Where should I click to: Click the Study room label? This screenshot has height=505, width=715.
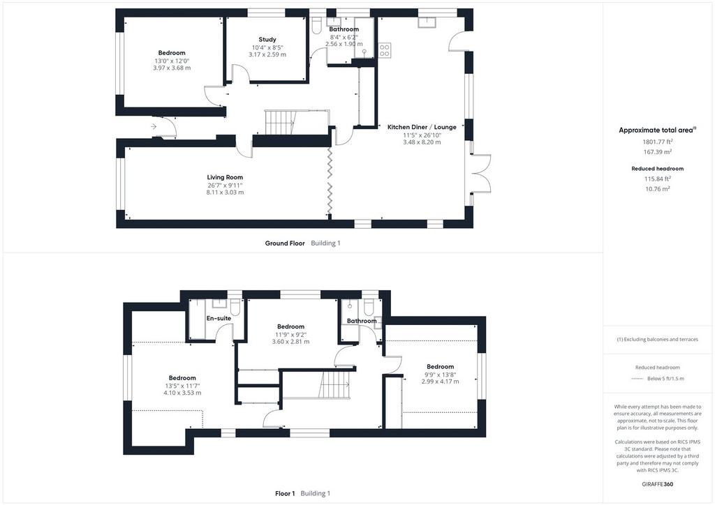click(267, 40)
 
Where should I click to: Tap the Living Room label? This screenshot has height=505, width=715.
click(225, 177)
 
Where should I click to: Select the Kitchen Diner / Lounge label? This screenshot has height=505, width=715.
click(422, 127)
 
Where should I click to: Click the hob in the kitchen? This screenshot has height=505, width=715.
click(385, 50)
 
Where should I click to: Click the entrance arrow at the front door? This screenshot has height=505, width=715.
click(154, 126)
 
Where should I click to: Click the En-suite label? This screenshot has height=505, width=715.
click(219, 318)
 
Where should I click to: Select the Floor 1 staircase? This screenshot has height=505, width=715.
click(337, 384)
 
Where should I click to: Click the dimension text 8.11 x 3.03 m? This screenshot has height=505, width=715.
click(225, 193)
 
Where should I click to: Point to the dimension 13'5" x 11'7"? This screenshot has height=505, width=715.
click(182, 386)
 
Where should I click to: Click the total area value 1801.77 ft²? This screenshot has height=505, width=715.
click(658, 142)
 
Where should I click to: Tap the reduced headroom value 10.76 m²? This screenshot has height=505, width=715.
click(658, 188)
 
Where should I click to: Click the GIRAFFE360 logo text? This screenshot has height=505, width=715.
click(658, 484)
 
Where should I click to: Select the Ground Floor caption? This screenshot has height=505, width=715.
click(285, 243)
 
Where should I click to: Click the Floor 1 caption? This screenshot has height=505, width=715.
click(285, 493)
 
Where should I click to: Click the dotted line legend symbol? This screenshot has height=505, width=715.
click(637, 379)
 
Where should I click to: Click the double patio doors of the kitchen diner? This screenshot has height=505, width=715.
click(482, 173)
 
